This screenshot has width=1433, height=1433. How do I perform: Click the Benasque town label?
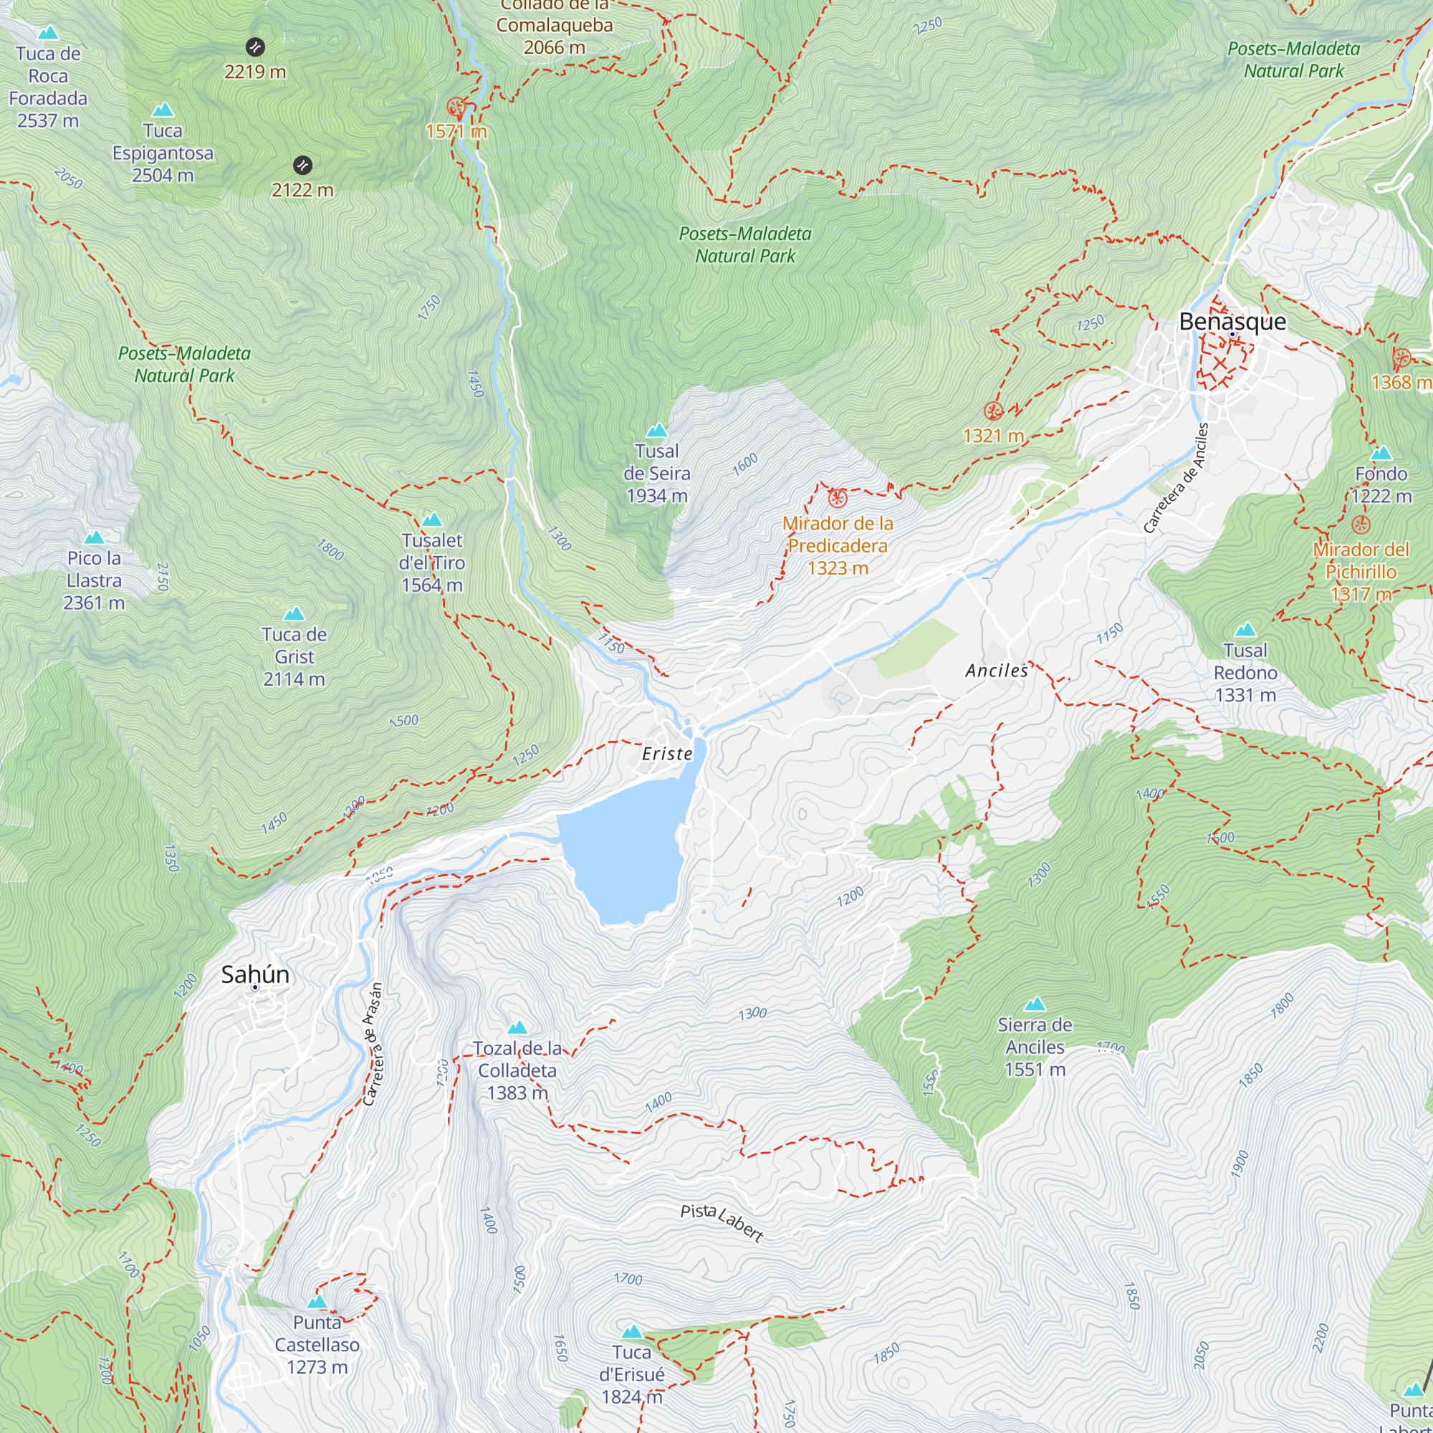[1232, 321]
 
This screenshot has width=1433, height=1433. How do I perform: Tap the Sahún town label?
[255, 974]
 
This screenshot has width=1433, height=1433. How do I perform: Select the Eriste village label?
[667, 754]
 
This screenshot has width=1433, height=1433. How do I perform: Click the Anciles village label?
[996, 671]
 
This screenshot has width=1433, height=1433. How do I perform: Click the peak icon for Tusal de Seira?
[656, 430]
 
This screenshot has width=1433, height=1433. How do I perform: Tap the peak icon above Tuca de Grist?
[294, 613]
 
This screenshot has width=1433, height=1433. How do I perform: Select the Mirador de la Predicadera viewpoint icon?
[838, 498]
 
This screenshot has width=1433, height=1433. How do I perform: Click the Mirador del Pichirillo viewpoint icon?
[1360, 524]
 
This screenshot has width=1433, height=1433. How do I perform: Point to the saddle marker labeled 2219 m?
[255, 47]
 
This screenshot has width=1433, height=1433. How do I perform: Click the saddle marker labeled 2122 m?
[302, 165]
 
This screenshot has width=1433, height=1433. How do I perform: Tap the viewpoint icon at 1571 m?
[456, 107]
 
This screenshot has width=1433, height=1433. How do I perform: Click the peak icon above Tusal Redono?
[1245, 630]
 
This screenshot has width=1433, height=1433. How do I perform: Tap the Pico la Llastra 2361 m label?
[94, 580]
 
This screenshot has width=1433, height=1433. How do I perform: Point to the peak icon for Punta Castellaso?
[317, 1302]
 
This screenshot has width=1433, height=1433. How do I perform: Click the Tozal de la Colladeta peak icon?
[517, 1027]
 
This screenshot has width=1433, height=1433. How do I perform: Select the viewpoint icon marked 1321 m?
[993, 410]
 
